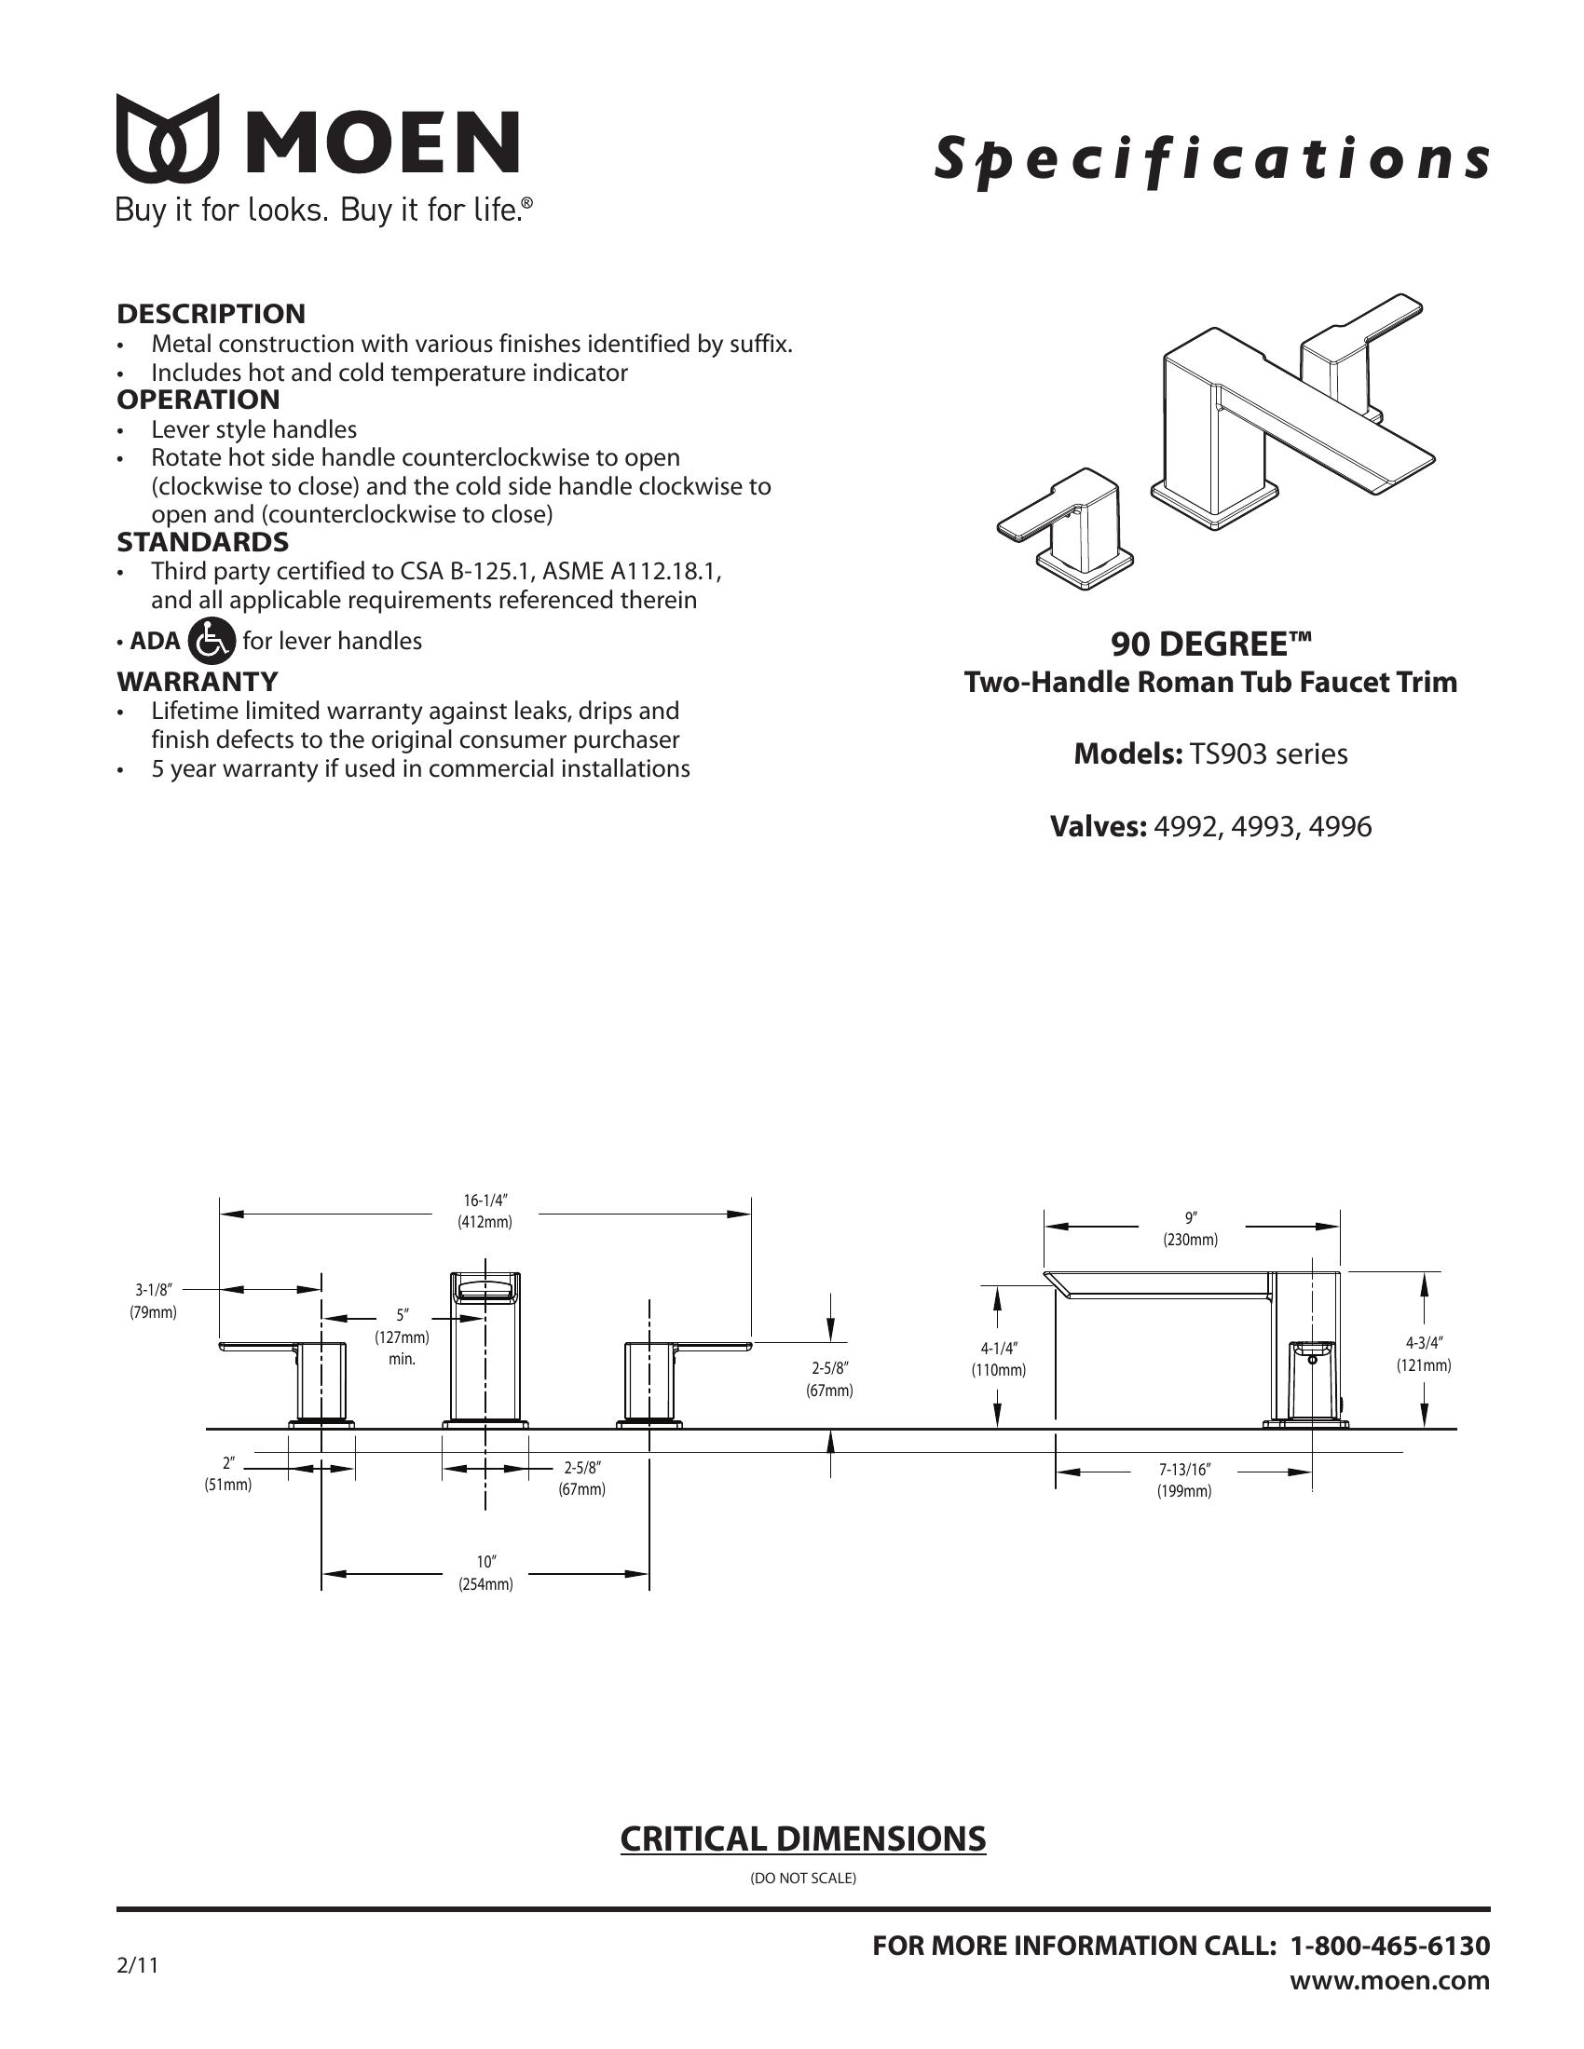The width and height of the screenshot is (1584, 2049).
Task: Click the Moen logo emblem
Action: [167, 138]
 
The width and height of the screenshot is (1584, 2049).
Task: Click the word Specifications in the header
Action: [1210, 159]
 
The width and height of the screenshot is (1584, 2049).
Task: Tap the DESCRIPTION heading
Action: [212, 313]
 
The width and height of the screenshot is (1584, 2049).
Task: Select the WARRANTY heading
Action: [197, 681]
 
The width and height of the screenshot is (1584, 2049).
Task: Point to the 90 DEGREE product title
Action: [1210, 645]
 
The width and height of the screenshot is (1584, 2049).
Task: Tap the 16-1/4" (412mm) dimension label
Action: [485, 1211]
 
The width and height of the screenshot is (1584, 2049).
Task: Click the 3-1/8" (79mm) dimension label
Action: [153, 1301]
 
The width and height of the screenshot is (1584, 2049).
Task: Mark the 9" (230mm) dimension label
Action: [1191, 1229]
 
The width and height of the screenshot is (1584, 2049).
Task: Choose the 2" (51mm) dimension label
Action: [228, 1474]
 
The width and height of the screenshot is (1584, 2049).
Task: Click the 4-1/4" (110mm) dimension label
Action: [999, 1360]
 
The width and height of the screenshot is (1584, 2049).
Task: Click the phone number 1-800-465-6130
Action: [1390, 1946]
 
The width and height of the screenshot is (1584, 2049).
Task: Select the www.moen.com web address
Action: [1390, 1980]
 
